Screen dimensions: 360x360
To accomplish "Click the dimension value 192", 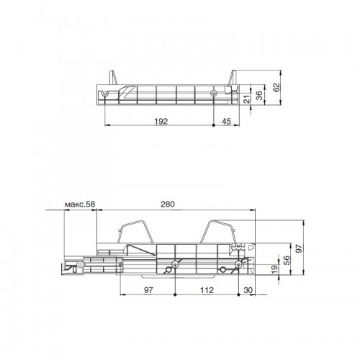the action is [x=161, y=122].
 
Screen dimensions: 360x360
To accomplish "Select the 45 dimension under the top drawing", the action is [x=226, y=122].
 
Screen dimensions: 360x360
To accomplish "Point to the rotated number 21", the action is [x=247, y=99].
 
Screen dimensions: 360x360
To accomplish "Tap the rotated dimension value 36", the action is [x=259, y=95].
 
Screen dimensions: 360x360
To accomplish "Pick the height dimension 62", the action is [x=276, y=87].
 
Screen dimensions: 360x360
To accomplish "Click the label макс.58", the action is [x=80, y=204].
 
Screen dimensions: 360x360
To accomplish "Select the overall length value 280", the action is [x=168, y=204].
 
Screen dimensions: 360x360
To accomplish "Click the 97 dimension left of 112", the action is [x=148, y=290].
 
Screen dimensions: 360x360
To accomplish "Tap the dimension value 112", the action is [x=207, y=290].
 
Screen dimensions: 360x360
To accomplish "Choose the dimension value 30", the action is [x=248, y=290].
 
